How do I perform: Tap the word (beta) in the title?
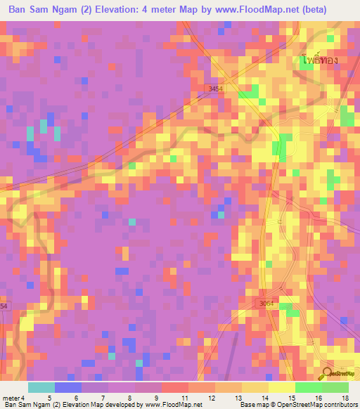333,10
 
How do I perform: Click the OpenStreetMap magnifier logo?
325,374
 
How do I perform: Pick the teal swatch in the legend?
41,387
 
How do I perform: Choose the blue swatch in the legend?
67,387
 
